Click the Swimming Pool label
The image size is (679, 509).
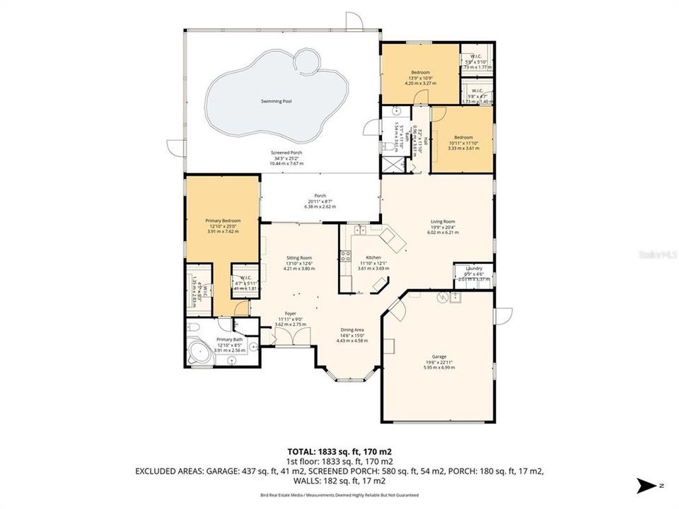coord(276,102)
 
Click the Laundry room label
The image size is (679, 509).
coord(474,269)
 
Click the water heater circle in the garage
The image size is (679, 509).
coord(443,298)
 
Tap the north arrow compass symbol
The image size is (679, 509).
coord(646,486)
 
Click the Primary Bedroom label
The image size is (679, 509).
coord(223,221)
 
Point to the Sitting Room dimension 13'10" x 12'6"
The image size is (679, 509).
coord(298,264)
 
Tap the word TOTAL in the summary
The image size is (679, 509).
coord(303,451)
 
